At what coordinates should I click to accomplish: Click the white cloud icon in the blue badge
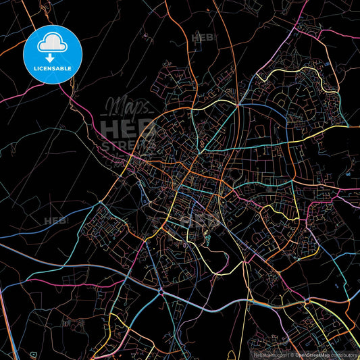(x=52, y=43)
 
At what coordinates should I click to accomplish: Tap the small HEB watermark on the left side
(x=55, y=221)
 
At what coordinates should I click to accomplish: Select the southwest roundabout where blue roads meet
(x=161, y=274)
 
